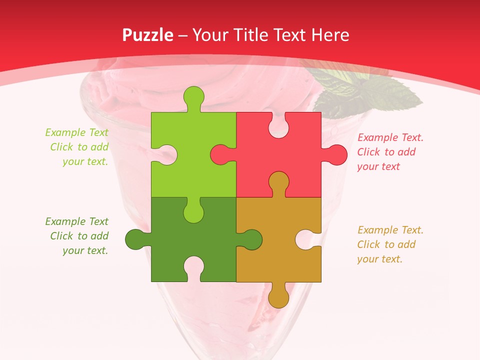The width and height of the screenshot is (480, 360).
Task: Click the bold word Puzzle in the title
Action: point(148,35)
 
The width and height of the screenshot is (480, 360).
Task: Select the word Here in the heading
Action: point(329,35)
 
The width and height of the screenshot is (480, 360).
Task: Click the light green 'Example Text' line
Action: point(76,132)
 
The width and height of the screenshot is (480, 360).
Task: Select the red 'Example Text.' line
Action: point(390,137)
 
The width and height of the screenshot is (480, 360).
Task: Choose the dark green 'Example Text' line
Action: point(76,221)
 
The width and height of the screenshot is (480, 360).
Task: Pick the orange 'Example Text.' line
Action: point(390,230)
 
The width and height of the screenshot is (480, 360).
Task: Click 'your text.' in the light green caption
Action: point(85,161)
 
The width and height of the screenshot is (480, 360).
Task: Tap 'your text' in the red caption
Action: point(378,166)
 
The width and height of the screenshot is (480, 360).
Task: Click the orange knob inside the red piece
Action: point(278,182)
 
